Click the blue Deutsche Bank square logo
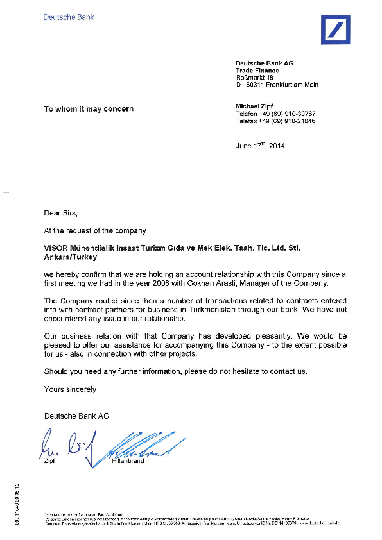coord(335,30)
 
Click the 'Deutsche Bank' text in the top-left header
coord(69,17)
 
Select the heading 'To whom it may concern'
coord(89,109)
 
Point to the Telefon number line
coord(275,113)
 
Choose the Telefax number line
coord(275,121)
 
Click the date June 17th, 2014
coord(260,146)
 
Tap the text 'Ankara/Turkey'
coord(70,257)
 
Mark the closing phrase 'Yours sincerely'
coord(70,389)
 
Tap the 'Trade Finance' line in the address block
coord(257,71)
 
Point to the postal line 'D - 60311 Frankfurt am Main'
coord(277,85)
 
